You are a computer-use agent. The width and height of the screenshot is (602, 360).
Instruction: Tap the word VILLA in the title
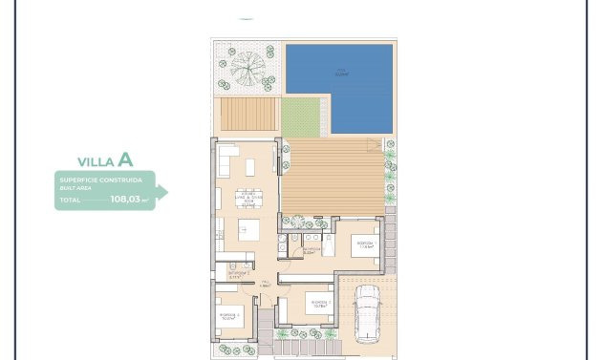[x=96, y=161]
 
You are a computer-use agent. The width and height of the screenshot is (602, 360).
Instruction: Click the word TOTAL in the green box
[x=70, y=201]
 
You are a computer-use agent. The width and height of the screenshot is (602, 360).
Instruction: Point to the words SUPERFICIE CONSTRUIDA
[x=100, y=180]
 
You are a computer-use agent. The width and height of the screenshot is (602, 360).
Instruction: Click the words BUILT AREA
[x=74, y=189]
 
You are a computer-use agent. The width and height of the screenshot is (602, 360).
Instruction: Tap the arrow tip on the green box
[x=164, y=192]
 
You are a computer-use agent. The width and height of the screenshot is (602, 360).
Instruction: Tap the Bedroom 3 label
[x=228, y=313]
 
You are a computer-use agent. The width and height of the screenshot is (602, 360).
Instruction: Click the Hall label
[x=268, y=284]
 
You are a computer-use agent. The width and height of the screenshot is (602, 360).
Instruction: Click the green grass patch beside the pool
[x=305, y=116]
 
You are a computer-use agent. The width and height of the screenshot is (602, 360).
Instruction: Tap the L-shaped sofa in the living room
[x=229, y=159]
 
